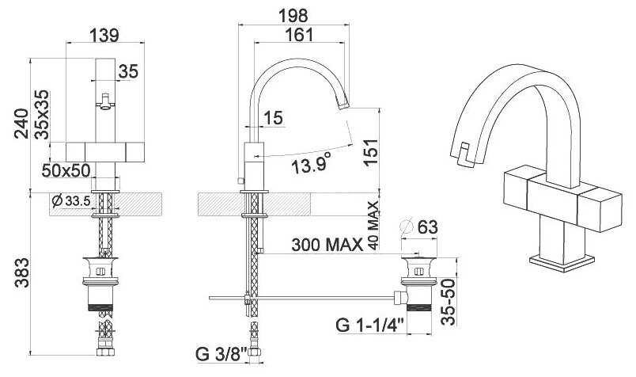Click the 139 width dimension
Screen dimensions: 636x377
[104, 36]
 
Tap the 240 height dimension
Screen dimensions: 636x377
[21, 124]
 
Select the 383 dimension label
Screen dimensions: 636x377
[21, 272]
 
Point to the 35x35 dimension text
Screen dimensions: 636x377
[41, 115]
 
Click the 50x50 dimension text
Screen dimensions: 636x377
[66, 170]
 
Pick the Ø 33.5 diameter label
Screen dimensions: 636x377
[70, 200]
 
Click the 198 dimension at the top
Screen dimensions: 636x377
[293, 16]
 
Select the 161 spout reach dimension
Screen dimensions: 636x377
[299, 35]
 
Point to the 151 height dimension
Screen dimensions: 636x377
[371, 152]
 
